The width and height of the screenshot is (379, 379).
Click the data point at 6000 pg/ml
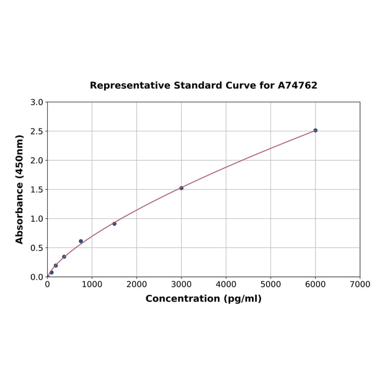(315, 130)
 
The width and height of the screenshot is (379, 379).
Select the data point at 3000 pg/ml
(181, 188)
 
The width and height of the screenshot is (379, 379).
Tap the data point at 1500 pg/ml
(114, 224)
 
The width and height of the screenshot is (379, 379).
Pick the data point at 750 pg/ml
(81, 241)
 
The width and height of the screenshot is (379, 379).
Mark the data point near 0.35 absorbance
(64, 256)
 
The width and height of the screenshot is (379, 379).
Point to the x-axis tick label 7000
(360, 284)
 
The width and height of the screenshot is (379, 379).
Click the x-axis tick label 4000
(226, 284)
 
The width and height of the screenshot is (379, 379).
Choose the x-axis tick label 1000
(92, 284)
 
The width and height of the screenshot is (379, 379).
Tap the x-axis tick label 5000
(270, 284)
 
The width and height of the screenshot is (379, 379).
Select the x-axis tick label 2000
(136, 284)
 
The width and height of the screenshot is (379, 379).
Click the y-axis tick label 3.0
(37, 102)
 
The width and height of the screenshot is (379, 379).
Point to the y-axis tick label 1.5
(37, 189)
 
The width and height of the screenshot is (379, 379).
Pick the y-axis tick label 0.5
(37, 248)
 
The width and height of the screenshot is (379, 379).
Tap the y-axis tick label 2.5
(37, 131)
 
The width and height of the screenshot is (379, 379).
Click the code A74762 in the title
(297, 85)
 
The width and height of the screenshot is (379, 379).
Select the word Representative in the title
(130, 85)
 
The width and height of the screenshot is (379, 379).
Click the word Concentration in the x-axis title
(183, 299)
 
